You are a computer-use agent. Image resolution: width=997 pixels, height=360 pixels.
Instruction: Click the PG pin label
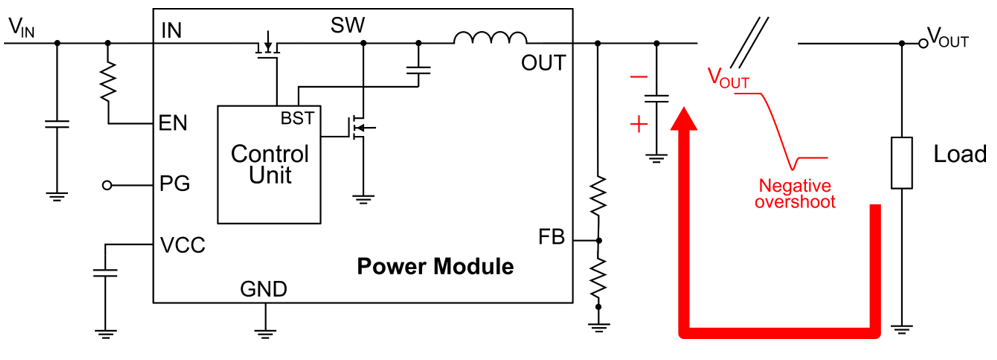175,185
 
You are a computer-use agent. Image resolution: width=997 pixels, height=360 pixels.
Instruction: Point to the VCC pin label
182,245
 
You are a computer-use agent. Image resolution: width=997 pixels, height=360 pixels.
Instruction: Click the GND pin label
263,290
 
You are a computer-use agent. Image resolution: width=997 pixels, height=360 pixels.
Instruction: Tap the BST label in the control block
297,118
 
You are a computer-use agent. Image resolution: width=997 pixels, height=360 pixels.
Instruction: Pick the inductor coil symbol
489,39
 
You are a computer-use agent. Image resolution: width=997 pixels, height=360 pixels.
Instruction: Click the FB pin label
551,237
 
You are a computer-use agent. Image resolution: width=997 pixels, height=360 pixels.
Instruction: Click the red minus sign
636,77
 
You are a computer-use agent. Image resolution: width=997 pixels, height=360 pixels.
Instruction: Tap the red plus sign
636,125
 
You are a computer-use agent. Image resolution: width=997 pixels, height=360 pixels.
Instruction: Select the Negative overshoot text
797,193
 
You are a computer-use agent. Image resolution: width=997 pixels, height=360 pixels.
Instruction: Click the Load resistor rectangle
902,162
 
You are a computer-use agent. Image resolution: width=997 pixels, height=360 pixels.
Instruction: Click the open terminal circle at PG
107,185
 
